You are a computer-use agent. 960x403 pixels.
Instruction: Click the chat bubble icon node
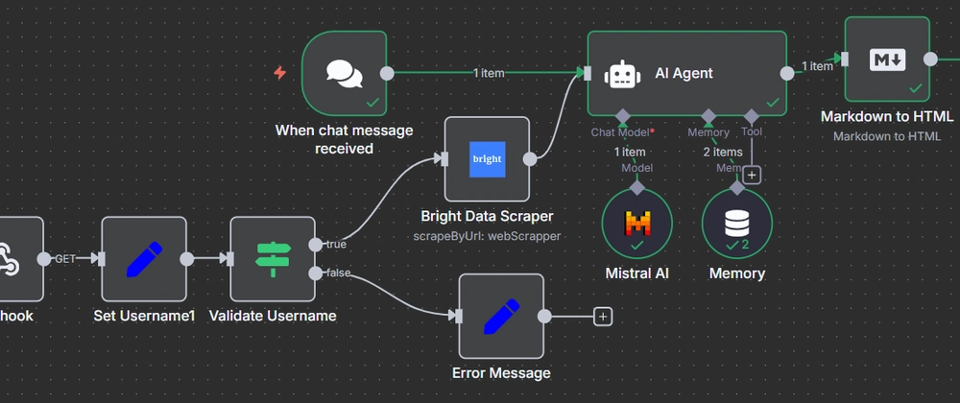click(344, 73)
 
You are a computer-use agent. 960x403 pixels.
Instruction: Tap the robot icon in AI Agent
click(622, 73)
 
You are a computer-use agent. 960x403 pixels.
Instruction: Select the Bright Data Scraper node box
click(486, 159)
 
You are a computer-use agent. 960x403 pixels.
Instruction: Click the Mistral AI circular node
click(636, 223)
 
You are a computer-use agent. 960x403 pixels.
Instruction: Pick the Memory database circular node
click(736, 223)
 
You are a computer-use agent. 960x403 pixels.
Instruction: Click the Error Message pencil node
click(500, 316)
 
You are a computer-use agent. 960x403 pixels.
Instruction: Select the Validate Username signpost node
click(273, 258)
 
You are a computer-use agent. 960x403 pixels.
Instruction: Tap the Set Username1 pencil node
click(144, 258)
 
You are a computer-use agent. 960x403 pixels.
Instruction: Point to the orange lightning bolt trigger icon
click(280, 73)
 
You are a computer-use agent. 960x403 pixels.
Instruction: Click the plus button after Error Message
click(602, 316)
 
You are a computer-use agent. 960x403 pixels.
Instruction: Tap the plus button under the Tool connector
click(752, 175)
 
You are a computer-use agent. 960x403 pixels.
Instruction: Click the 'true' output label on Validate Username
click(336, 244)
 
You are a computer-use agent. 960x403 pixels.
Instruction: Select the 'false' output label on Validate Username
click(338, 273)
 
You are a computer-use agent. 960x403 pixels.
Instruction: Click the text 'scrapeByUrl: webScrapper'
click(486, 236)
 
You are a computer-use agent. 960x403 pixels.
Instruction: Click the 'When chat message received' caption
click(344, 139)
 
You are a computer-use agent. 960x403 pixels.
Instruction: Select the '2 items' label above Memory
click(723, 152)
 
